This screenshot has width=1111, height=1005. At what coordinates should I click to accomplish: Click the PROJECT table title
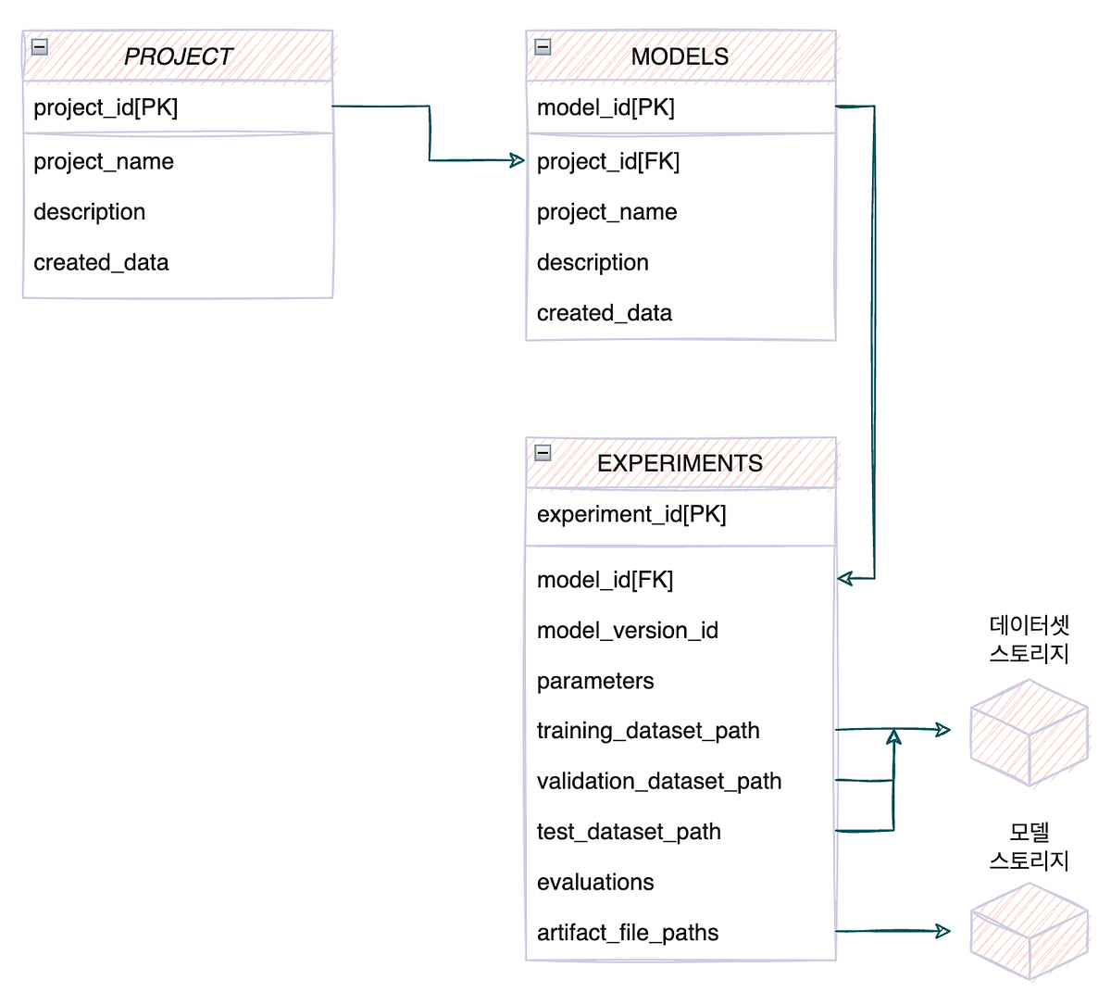tap(178, 57)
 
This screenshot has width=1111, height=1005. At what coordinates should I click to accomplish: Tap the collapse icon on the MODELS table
tap(543, 46)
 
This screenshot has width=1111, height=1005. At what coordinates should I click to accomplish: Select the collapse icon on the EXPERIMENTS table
tap(543, 453)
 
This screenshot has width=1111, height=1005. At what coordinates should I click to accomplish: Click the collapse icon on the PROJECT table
tap(40, 46)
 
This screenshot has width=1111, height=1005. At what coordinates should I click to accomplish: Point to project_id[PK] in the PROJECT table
tap(106, 107)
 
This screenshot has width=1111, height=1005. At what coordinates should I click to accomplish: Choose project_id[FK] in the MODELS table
tap(608, 161)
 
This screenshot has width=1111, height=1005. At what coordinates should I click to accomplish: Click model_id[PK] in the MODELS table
tap(605, 107)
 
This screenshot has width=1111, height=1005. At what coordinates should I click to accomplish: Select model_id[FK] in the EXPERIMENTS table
tap(605, 580)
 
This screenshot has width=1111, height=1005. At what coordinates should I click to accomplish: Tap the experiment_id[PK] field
tap(631, 514)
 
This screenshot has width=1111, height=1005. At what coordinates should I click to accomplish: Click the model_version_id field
tap(627, 631)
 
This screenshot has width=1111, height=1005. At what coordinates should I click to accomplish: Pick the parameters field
tap(595, 681)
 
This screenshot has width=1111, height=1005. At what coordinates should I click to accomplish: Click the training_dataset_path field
tap(648, 731)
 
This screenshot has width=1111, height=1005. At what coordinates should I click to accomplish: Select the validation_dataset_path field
tap(659, 781)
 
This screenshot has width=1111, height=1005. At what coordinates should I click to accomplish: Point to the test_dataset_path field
tap(629, 832)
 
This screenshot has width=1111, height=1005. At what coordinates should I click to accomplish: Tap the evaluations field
tap(595, 882)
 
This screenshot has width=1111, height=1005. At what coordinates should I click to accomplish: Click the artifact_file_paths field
tap(628, 933)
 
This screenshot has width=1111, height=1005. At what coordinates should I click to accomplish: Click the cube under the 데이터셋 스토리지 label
tap(1029, 733)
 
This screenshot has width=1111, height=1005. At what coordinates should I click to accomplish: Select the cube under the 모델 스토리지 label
tap(1029, 932)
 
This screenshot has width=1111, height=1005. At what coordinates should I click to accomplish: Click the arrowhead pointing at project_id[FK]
tap(517, 160)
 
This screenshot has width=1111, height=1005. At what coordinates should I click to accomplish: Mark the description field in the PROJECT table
tap(90, 212)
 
